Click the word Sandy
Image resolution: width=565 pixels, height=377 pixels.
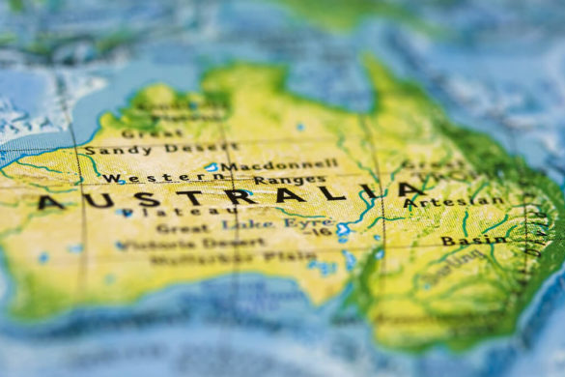(x=103, y=151)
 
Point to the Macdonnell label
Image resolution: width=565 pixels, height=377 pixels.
(x=279, y=165)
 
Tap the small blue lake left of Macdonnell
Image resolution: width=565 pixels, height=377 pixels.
(x=212, y=167)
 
